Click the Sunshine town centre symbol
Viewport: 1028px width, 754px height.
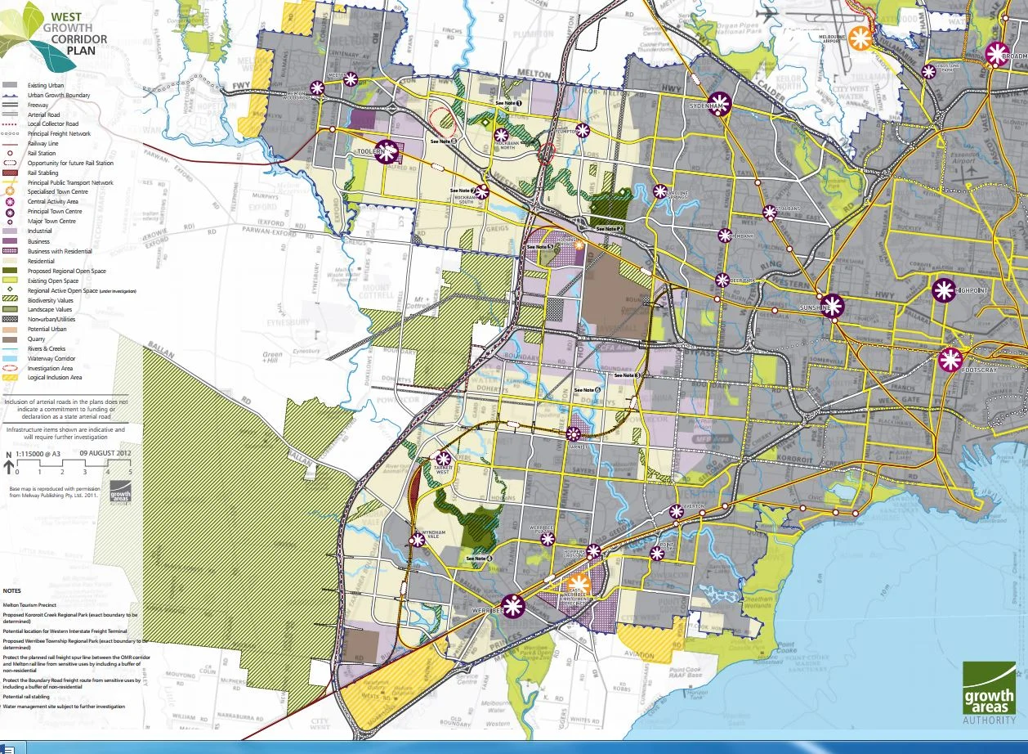[833, 307]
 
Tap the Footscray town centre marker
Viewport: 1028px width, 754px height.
[950, 360]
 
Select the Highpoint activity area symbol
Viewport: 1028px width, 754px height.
[943, 290]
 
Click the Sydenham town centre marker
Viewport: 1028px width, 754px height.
[720, 105]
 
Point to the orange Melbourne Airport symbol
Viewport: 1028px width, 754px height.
[859, 37]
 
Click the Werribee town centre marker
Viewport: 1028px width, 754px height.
[513, 606]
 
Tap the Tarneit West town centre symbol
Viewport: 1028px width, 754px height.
[444, 459]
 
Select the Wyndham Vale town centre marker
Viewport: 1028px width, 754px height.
[418, 539]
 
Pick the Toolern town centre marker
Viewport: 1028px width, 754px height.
[387, 151]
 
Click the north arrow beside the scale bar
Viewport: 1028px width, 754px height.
[9, 466]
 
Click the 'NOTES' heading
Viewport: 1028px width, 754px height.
[13, 590]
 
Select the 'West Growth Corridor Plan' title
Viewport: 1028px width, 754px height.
[74, 33]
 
